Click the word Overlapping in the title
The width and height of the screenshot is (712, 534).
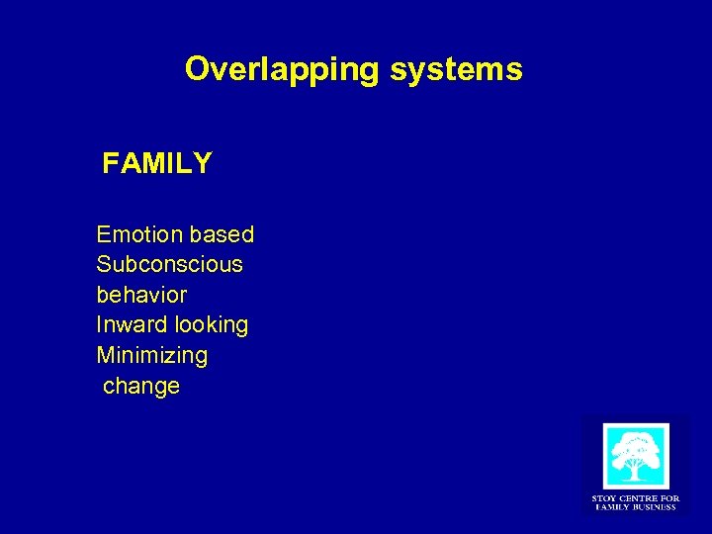(280, 70)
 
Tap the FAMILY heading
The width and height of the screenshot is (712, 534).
(156, 164)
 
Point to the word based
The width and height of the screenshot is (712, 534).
(222, 235)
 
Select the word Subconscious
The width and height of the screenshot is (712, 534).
(169, 265)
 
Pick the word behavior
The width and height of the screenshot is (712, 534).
(141, 295)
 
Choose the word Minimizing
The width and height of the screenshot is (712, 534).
(151, 354)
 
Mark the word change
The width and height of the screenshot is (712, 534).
(141, 386)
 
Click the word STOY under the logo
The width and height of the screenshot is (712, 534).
(603, 497)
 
